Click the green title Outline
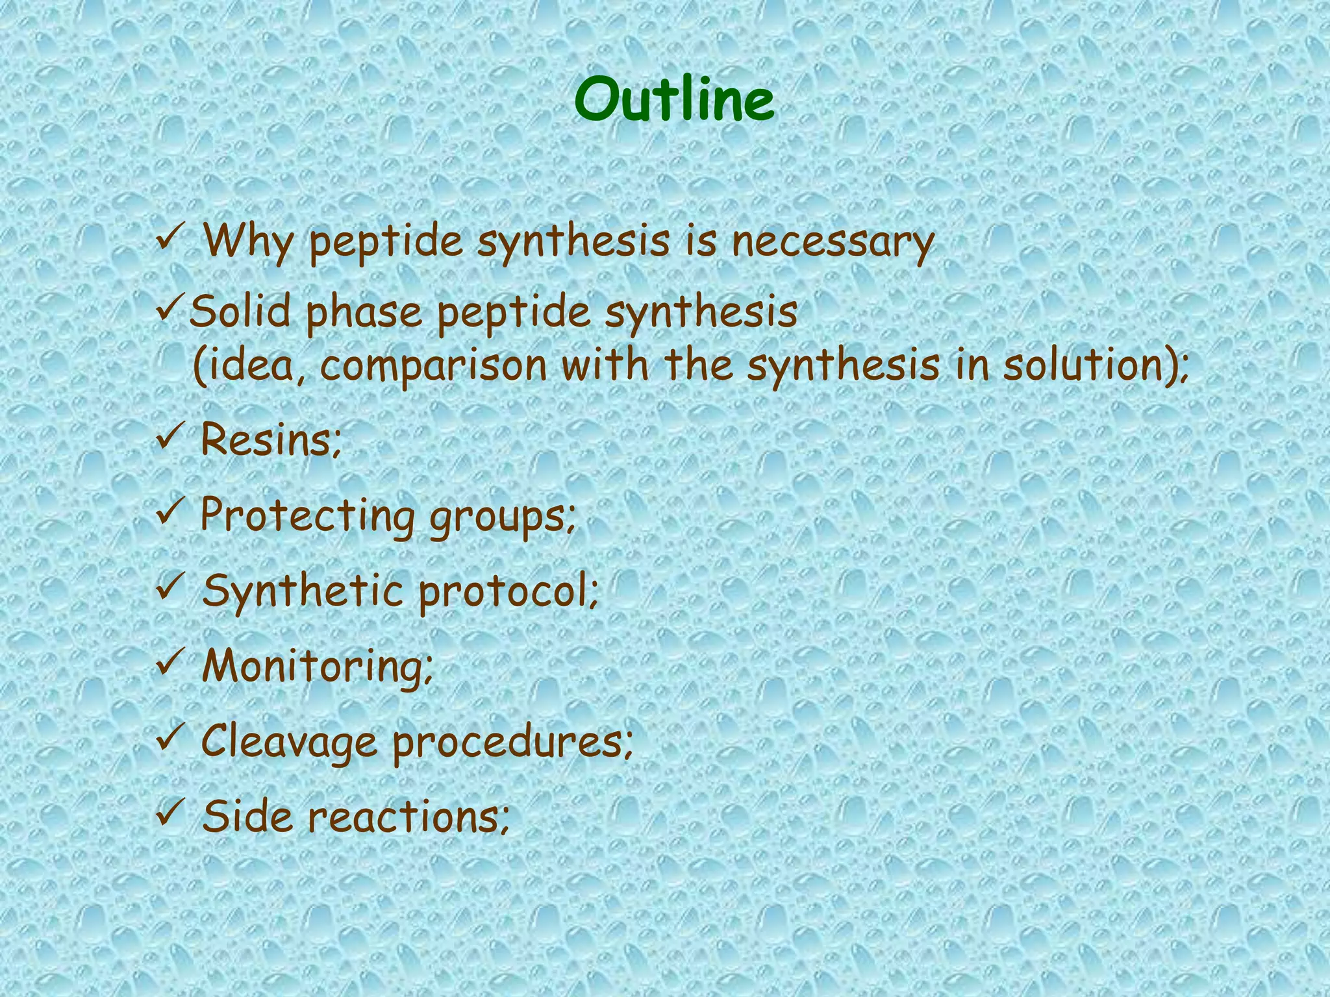click(x=674, y=100)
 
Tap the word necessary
click(x=833, y=241)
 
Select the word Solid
click(x=240, y=311)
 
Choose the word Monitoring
click(x=314, y=667)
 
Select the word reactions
click(x=406, y=817)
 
